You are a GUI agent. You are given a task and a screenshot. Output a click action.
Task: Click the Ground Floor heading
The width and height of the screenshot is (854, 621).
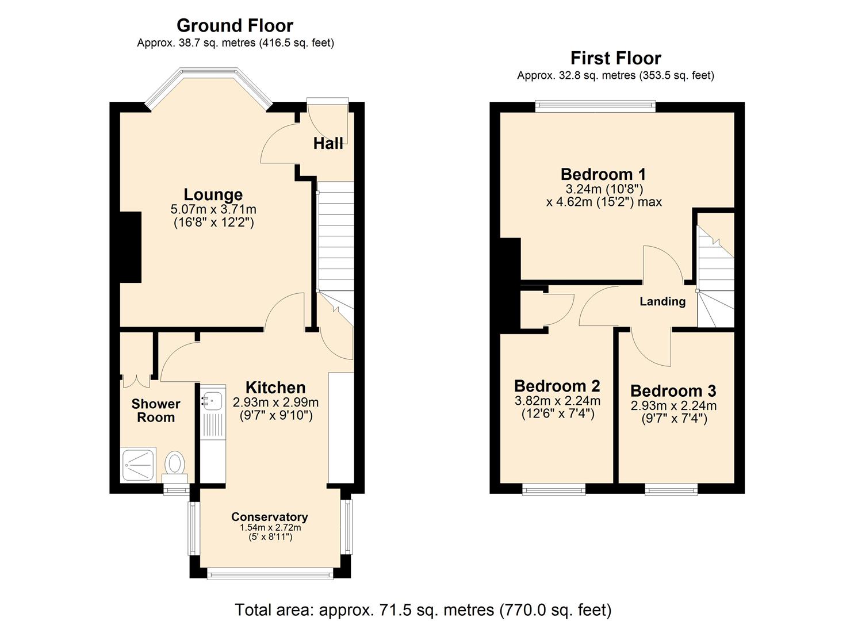pyautogui.click(x=235, y=26)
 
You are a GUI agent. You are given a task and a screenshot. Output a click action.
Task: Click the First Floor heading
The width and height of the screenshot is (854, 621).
pyautogui.click(x=615, y=58)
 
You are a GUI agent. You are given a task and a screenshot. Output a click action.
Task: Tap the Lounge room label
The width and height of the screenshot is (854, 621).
pyautogui.click(x=213, y=194)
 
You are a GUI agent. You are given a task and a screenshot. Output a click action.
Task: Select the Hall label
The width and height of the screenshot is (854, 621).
pyautogui.click(x=328, y=143)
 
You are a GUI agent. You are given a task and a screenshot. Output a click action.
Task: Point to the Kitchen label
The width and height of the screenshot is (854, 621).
pyautogui.click(x=275, y=388)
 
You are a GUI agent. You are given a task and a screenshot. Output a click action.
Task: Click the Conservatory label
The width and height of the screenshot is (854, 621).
pyautogui.click(x=269, y=516)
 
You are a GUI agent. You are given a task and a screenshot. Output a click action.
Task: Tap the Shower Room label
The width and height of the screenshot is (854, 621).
pyautogui.click(x=156, y=411)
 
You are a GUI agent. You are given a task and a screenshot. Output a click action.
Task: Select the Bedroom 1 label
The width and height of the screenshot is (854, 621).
pyautogui.click(x=603, y=174)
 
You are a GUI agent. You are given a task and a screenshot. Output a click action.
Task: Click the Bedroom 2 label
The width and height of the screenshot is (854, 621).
pyautogui.click(x=557, y=385)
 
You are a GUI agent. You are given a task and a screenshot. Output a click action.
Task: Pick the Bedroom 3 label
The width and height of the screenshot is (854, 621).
pyautogui.click(x=673, y=391)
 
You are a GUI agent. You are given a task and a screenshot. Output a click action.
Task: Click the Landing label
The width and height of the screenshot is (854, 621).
pyautogui.click(x=662, y=301)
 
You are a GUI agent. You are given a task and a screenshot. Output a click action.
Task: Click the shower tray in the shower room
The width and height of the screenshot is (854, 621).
pyautogui.click(x=139, y=465)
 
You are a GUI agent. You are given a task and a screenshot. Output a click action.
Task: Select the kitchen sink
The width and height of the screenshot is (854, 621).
pyautogui.click(x=212, y=400)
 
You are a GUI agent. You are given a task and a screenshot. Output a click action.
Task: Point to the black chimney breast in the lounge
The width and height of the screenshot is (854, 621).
pyautogui.click(x=131, y=247)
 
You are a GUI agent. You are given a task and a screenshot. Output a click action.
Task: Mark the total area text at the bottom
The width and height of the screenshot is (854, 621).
pyautogui.click(x=423, y=609)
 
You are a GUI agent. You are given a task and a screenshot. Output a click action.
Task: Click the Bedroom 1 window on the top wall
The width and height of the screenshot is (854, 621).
pyautogui.click(x=595, y=106)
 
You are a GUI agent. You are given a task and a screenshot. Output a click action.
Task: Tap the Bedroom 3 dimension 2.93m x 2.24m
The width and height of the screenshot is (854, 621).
pyautogui.click(x=673, y=405)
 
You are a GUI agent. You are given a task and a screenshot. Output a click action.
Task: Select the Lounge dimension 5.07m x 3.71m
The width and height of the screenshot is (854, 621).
pyautogui.click(x=213, y=209)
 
